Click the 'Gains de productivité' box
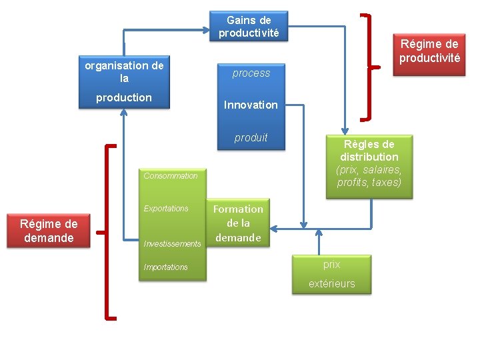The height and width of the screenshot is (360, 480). (x=249, y=26)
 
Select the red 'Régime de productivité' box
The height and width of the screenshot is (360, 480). (x=429, y=51)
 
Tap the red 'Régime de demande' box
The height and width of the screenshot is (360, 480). (x=48, y=231)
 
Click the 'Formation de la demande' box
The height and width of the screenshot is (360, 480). (x=238, y=223)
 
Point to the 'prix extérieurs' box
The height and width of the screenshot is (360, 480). (x=331, y=274)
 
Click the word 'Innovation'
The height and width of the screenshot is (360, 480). (x=251, y=105)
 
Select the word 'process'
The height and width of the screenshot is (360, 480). (x=251, y=73)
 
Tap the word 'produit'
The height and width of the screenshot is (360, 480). (x=251, y=138)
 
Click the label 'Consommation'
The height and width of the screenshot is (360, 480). (x=171, y=176)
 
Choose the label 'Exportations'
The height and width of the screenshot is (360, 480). (x=166, y=209)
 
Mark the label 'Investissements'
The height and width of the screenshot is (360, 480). (x=172, y=244)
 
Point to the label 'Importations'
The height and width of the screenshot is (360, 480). (x=166, y=267)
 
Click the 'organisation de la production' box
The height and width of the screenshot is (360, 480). (x=124, y=82)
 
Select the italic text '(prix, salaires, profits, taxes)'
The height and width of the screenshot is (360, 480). (x=369, y=177)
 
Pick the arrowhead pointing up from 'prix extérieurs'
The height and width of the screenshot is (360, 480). (x=319, y=233)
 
